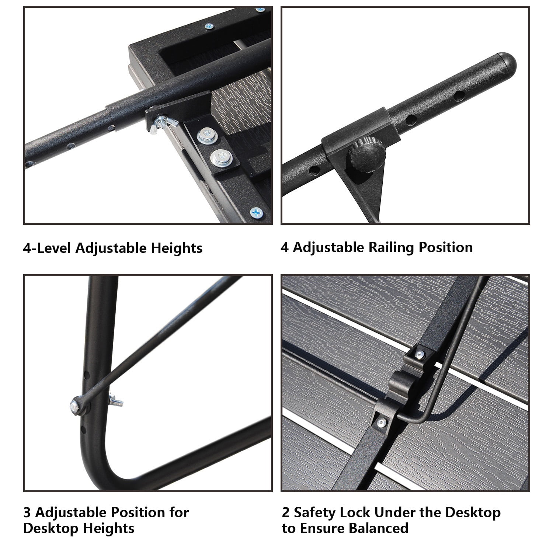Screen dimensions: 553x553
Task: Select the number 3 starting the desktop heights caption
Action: point(27,512)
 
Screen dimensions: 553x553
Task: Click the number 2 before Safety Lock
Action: point(286,512)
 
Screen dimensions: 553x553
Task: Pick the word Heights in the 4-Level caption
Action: point(177,248)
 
